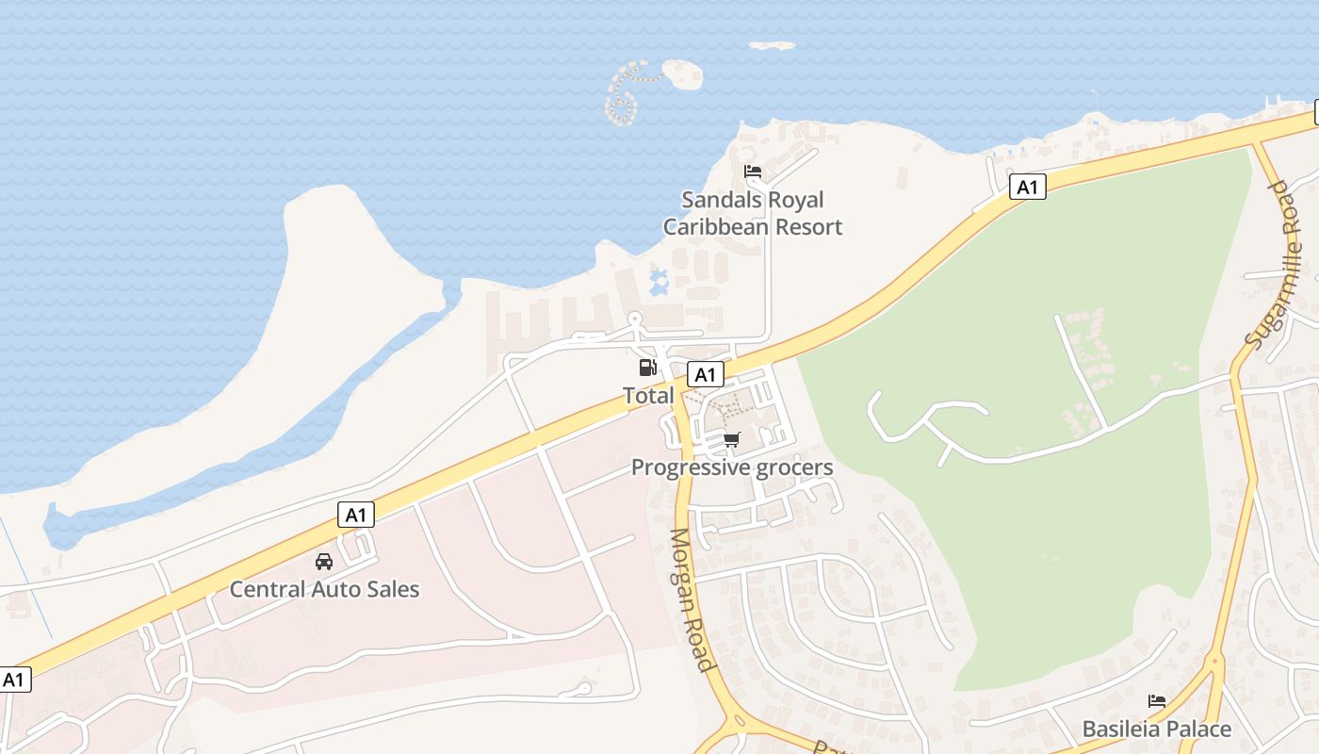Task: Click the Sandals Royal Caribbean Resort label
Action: point(752,213)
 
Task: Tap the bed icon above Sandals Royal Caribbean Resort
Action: point(753,172)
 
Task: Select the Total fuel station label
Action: point(648,396)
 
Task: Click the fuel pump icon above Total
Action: point(647,368)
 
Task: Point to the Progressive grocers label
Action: point(732,467)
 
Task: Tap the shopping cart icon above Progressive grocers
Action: point(732,439)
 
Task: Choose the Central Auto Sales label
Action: point(324,590)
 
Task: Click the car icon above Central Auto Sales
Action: point(324,562)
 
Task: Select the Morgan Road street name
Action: point(691,599)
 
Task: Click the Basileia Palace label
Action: point(1156,729)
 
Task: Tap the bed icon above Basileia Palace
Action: point(1157,701)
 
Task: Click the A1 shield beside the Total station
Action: point(705,375)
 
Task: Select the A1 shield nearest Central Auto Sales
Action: point(355,515)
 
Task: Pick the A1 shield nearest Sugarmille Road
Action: point(1027,187)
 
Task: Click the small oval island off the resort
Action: point(683,74)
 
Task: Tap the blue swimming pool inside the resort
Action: point(659,280)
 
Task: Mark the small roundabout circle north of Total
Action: point(635,319)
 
